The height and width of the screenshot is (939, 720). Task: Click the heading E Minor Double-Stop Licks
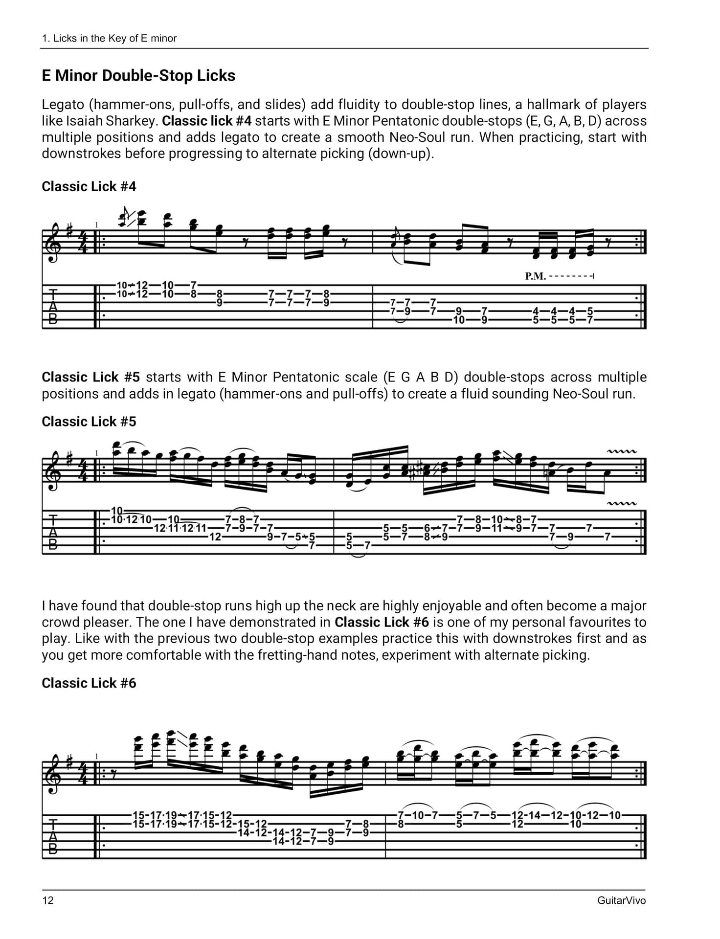click(138, 76)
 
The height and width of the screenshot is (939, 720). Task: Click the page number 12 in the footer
click(48, 900)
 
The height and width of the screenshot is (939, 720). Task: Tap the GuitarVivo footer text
click(621, 900)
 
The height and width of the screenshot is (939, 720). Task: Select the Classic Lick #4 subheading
click(89, 186)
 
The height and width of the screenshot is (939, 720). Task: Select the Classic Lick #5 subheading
click(89, 422)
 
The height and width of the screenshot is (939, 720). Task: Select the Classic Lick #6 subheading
click(89, 683)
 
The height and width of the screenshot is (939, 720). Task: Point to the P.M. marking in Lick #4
click(535, 276)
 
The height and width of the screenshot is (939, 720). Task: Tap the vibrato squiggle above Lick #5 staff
click(622, 451)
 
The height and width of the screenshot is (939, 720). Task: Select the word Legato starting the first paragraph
click(63, 105)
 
